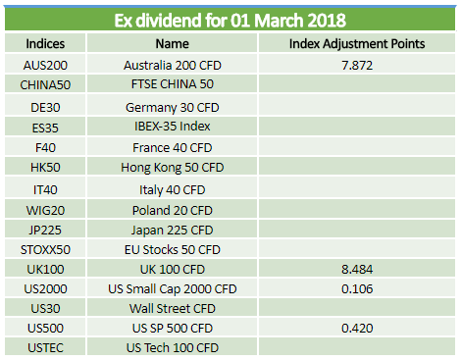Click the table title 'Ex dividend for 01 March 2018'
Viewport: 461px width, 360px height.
(x=230, y=21)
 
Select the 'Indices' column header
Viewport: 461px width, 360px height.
(x=45, y=43)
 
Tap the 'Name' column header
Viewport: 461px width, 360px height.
(x=172, y=43)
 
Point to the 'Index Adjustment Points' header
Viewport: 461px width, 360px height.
(x=357, y=43)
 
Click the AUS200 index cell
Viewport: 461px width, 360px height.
(x=45, y=65)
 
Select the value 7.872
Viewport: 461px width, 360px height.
(x=357, y=65)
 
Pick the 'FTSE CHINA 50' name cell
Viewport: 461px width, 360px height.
(x=173, y=84)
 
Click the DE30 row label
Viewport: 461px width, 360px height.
(x=45, y=107)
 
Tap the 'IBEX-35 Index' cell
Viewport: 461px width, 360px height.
(x=173, y=126)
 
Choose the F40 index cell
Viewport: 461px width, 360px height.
(x=45, y=147)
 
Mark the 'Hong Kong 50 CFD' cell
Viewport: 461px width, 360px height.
(x=173, y=168)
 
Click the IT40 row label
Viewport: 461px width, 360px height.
(x=45, y=189)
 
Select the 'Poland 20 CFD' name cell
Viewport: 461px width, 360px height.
(x=173, y=210)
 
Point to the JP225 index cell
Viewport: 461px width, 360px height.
(x=45, y=230)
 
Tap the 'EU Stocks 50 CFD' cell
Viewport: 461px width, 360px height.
(x=173, y=249)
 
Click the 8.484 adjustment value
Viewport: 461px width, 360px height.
(x=357, y=269)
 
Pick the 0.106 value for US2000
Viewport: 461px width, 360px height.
(x=357, y=288)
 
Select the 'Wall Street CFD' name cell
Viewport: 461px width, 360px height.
(x=173, y=308)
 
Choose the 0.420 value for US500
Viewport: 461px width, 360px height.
(x=357, y=328)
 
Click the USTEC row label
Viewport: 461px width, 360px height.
(x=45, y=347)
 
